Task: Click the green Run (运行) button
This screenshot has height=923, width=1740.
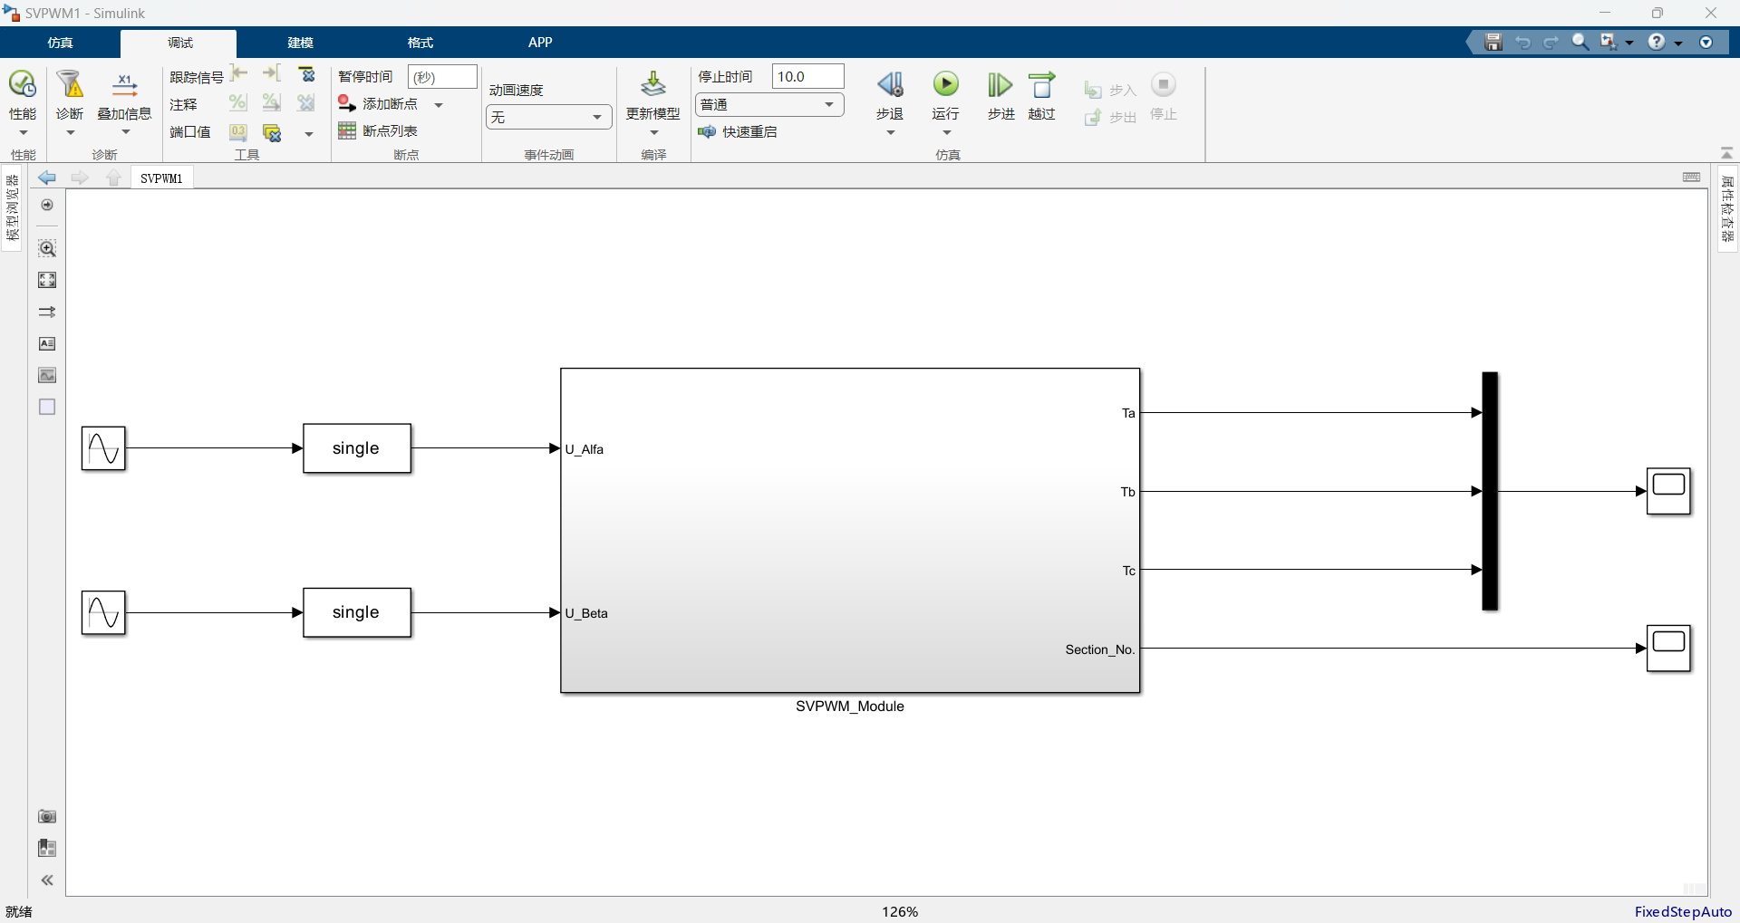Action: click(x=946, y=85)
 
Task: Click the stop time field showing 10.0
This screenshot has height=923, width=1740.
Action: click(x=807, y=76)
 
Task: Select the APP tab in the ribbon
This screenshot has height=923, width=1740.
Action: click(x=540, y=43)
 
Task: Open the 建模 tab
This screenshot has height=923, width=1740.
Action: click(x=300, y=43)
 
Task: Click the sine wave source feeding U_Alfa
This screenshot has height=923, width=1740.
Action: click(x=103, y=448)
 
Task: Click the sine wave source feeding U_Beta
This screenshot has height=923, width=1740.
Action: click(x=103, y=612)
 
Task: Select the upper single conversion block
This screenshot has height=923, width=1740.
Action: click(x=357, y=448)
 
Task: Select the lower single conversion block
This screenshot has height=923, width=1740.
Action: click(x=357, y=612)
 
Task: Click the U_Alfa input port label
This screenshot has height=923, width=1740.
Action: click(x=585, y=449)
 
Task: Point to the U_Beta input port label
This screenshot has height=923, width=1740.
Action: click(x=586, y=613)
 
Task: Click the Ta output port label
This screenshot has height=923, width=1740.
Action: click(x=1128, y=413)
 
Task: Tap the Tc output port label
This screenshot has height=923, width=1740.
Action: click(x=1129, y=571)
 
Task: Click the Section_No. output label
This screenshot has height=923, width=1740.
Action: click(x=1100, y=649)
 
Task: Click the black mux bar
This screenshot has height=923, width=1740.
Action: click(x=1490, y=491)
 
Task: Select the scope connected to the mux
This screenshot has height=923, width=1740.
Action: click(x=1669, y=491)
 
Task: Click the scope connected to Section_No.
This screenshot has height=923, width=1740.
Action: click(x=1669, y=649)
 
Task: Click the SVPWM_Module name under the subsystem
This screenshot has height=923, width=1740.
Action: click(x=850, y=707)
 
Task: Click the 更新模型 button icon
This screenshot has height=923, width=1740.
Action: click(x=653, y=84)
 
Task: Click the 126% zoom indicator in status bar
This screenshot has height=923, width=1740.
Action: click(x=900, y=912)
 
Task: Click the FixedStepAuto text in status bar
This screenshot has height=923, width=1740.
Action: click(x=1683, y=912)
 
